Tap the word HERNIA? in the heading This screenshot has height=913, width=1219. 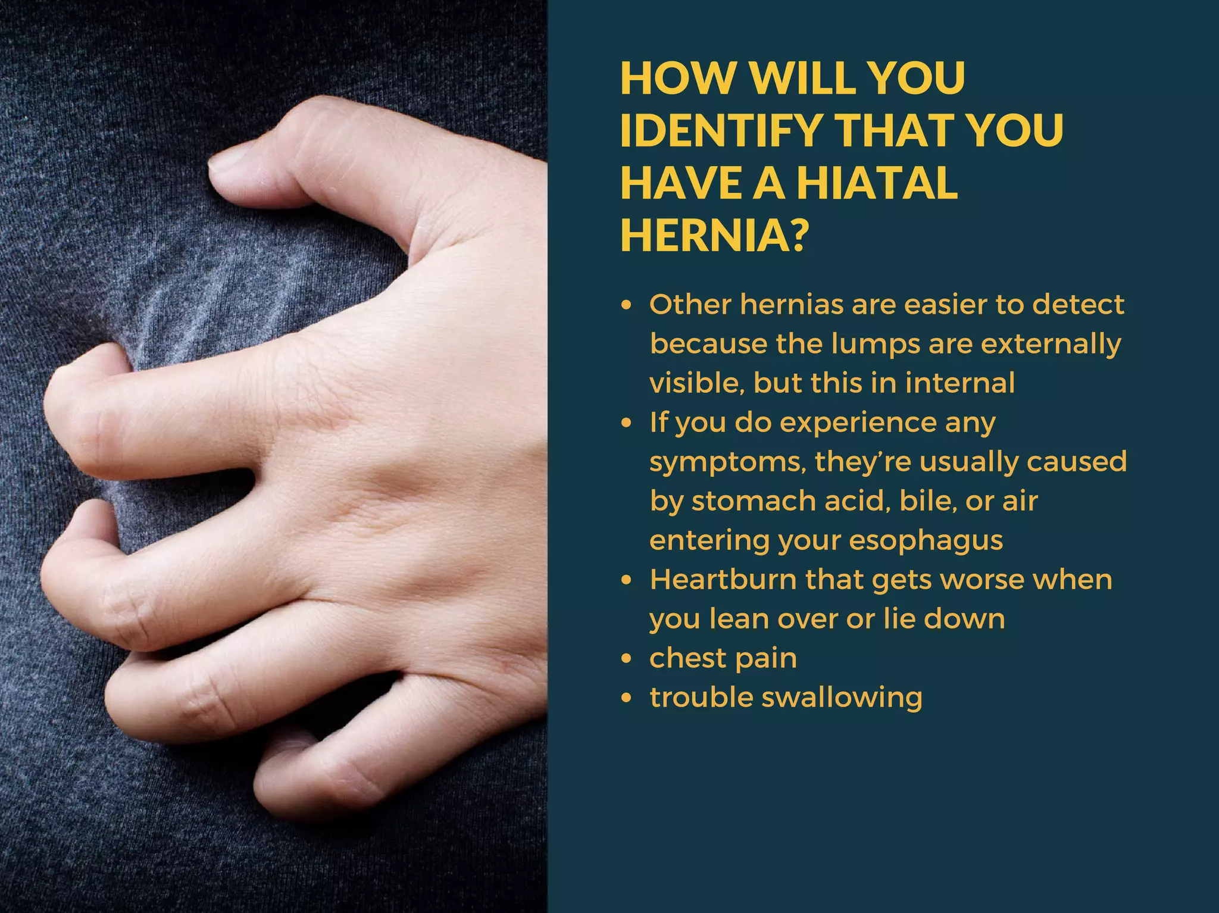point(715,235)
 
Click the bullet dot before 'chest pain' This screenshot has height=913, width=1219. point(626,659)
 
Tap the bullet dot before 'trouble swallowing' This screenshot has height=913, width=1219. point(626,698)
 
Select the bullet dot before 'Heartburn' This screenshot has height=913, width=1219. point(626,580)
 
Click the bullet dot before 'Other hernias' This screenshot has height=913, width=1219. point(626,305)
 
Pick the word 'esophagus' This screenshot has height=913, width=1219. point(926,541)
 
